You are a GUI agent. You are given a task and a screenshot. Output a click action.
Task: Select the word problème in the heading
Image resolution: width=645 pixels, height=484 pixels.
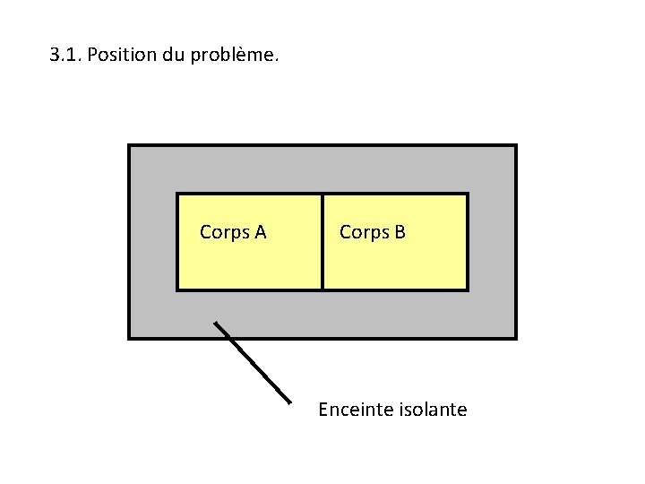coord(235,56)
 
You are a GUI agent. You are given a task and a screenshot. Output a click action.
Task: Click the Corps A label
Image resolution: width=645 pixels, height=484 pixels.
coord(233,232)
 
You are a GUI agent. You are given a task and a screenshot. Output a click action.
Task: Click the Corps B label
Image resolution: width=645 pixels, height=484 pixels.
coord(373,232)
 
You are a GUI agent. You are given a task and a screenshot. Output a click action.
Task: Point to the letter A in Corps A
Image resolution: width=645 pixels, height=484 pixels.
coord(260,232)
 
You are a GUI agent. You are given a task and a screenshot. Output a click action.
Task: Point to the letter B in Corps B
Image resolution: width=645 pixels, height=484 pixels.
coord(400,232)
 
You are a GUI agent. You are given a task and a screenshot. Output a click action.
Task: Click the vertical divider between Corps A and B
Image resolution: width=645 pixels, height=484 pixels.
coord(322,242)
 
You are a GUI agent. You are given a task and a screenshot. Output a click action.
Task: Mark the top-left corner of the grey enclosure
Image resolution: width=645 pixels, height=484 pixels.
coord(130,146)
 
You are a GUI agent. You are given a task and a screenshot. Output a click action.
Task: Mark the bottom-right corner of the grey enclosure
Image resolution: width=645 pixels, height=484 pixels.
coord(515,337)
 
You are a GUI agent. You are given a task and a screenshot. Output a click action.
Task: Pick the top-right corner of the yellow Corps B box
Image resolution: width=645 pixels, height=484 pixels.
coord(467,194)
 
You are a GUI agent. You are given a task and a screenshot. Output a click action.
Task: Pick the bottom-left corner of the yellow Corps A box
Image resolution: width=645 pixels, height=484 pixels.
coord(177,289)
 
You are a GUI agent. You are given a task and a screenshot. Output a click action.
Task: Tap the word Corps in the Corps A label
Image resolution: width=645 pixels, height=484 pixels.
coord(223,232)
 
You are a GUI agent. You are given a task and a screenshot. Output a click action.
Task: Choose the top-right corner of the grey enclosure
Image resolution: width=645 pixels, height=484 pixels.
coord(515,146)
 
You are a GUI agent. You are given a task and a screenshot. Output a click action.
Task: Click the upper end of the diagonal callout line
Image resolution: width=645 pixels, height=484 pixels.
coord(215,323)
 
